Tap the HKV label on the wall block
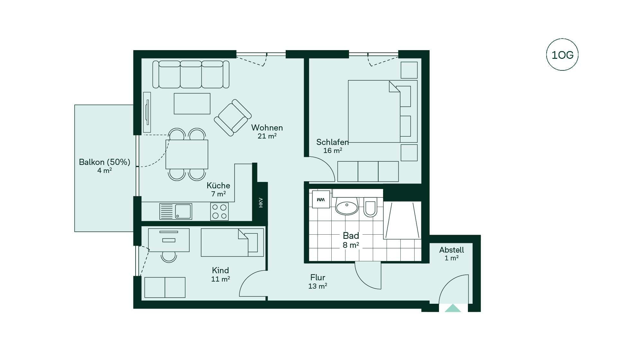pos(261,203)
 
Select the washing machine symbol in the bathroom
pos(321,199)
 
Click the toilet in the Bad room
pos(370,207)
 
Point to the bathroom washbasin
pos(346,206)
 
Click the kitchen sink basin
pos(183,212)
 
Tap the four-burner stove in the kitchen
pos(219,212)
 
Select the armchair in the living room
pos(233,117)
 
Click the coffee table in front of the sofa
pos(192,104)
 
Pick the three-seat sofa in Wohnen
pos(191,74)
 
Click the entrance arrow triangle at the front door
pos(453,308)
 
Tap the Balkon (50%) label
pos(104,162)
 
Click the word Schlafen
pos(332,142)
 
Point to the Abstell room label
pos(452,250)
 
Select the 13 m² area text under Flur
pos(317,286)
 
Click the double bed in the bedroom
pos(382,111)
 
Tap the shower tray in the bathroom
pos(402,220)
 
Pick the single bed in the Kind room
pos(232,242)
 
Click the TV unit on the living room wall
pos(147,112)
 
